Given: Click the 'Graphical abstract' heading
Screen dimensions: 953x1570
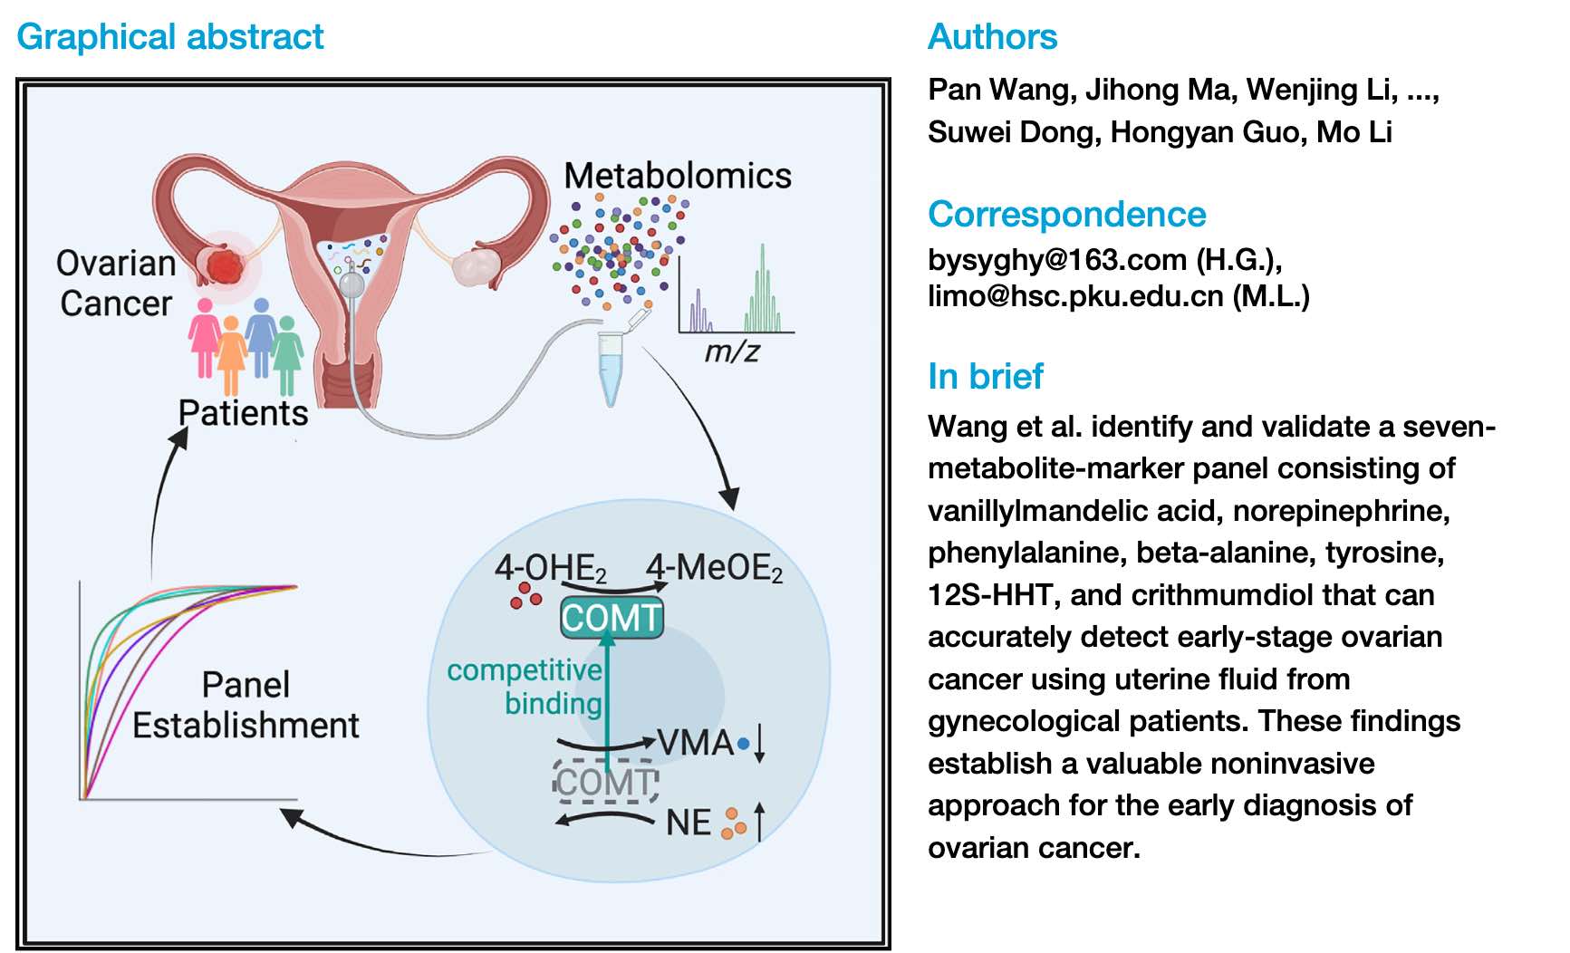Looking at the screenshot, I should (x=169, y=37).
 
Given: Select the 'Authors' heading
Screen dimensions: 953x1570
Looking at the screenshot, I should (x=992, y=37).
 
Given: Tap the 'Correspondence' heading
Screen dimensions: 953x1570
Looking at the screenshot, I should (x=1066, y=215).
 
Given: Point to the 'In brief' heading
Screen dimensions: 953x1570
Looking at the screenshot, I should (x=986, y=376).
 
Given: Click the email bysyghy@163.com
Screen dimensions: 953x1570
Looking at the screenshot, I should (x=1056, y=260).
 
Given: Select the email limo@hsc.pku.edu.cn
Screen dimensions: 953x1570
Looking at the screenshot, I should (x=1074, y=296).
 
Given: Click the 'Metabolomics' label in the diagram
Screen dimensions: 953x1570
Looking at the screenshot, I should (x=677, y=176).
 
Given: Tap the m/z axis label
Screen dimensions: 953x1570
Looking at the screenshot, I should (x=731, y=351).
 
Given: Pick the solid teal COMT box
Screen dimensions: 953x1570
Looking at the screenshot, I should (x=612, y=618).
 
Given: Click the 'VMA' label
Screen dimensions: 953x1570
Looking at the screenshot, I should (x=695, y=743).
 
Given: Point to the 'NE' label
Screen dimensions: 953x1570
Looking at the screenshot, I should (x=688, y=823).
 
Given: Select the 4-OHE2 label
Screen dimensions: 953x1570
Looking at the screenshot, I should (x=550, y=569).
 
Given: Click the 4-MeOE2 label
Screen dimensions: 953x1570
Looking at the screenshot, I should (x=714, y=569).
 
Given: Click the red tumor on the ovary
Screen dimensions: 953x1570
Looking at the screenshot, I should (x=224, y=266).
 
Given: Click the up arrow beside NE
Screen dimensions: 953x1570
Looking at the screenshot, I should (x=759, y=821).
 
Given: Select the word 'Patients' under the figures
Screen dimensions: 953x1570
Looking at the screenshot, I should (x=243, y=413).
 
